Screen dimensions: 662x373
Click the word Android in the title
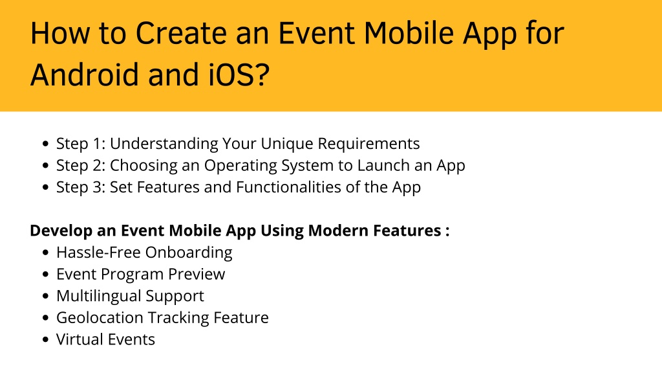click(85, 74)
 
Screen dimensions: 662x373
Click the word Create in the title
click(182, 33)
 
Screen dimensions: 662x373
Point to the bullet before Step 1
click(46, 144)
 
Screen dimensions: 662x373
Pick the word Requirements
click(368, 144)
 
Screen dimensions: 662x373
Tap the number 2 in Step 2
click(97, 165)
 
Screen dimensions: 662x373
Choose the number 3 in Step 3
click(97, 187)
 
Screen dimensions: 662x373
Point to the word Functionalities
click(288, 187)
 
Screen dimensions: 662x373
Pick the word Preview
click(197, 275)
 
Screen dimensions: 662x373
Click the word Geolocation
click(100, 318)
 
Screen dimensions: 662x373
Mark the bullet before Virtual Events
click(46, 339)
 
